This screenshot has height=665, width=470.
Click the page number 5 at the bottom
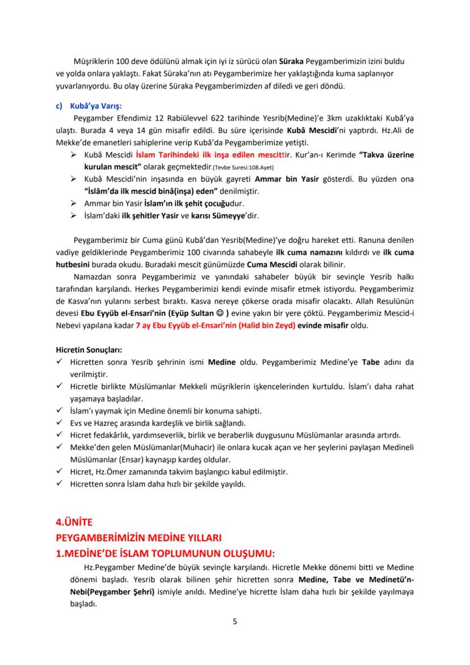click(235, 621)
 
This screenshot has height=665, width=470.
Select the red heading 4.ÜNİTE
click(73, 522)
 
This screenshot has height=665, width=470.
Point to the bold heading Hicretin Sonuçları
click(88, 349)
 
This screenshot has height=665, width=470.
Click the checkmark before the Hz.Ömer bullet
click(59, 471)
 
